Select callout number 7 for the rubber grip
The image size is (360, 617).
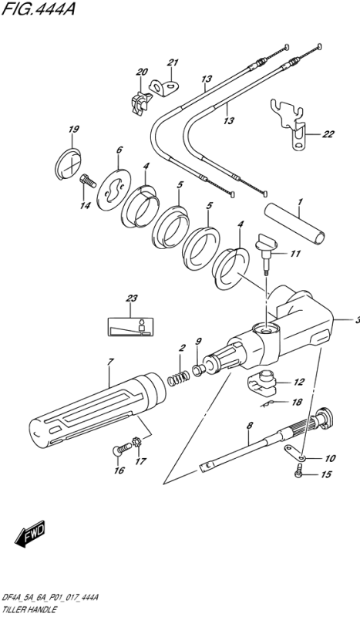110,362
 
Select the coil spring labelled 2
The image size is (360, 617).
178,377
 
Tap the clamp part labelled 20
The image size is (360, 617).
140,103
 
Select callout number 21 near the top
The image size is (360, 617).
173,63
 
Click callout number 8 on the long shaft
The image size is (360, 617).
249,425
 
